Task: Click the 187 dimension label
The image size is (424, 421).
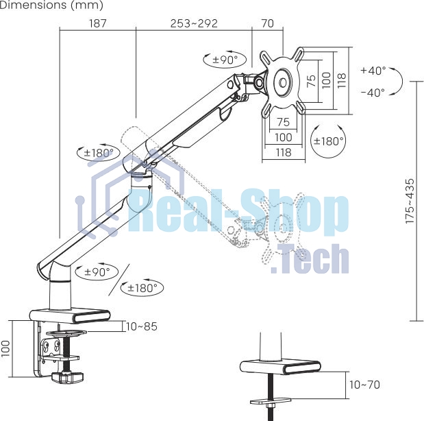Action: (x=98, y=23)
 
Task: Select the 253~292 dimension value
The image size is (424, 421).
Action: (x=194, y=23)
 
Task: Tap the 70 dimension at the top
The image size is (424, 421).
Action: (x=268, y=23)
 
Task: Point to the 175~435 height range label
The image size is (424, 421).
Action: (x=410, y=201)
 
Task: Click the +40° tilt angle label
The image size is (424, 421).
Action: (x=373, y=71)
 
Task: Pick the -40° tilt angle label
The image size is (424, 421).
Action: (x=373, y=93)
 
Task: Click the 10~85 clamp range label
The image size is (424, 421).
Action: (x=141, y=326)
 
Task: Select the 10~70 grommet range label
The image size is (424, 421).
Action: (x=365, y=385)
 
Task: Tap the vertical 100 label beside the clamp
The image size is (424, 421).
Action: (x=5, y=348)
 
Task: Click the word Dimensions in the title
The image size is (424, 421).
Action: (x=34, y=5)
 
